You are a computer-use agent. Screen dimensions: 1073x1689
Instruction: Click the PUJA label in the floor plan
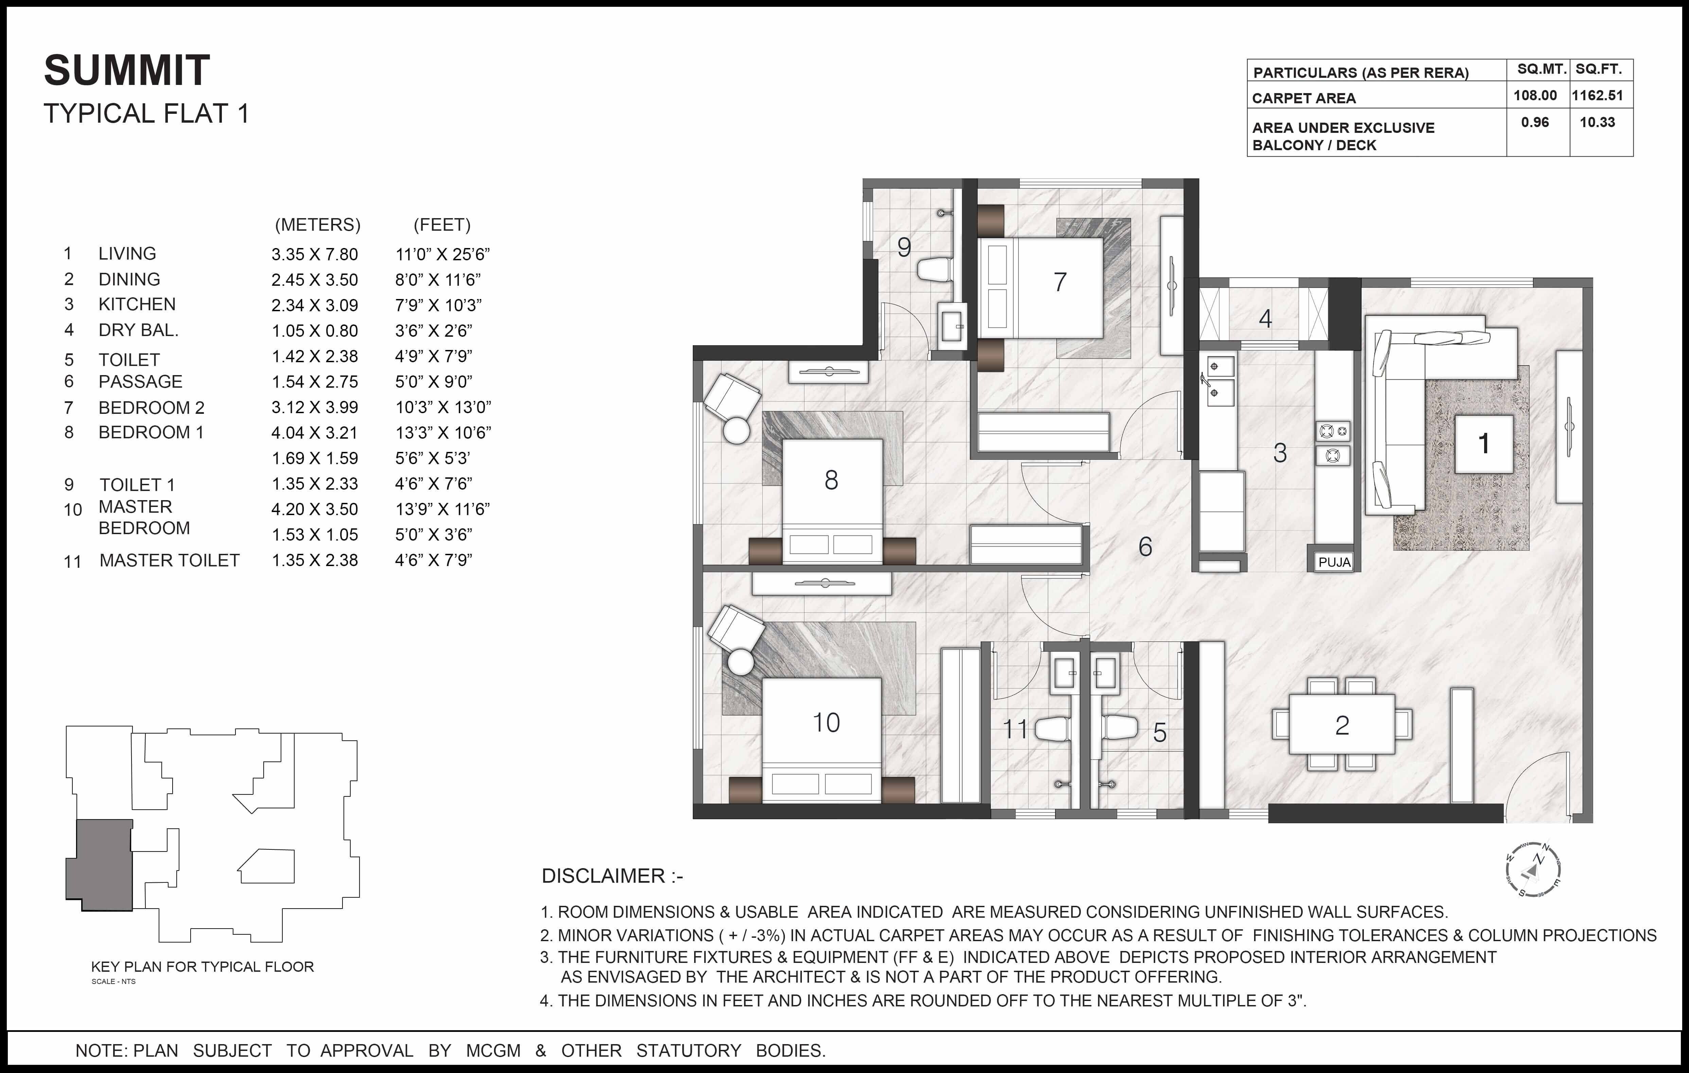pos(1334,562)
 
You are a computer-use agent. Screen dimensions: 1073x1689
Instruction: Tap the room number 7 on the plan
pos(1060,282)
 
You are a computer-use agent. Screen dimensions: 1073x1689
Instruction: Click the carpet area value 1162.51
pos(1597,95)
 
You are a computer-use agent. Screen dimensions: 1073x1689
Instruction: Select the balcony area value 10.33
pos(1597,122)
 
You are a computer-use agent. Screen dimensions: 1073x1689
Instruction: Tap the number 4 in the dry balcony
pos(1265,319)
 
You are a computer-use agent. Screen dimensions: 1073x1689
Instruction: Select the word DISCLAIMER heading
pos(603,876)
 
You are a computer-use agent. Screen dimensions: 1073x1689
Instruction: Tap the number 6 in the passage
pos(1145,546)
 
